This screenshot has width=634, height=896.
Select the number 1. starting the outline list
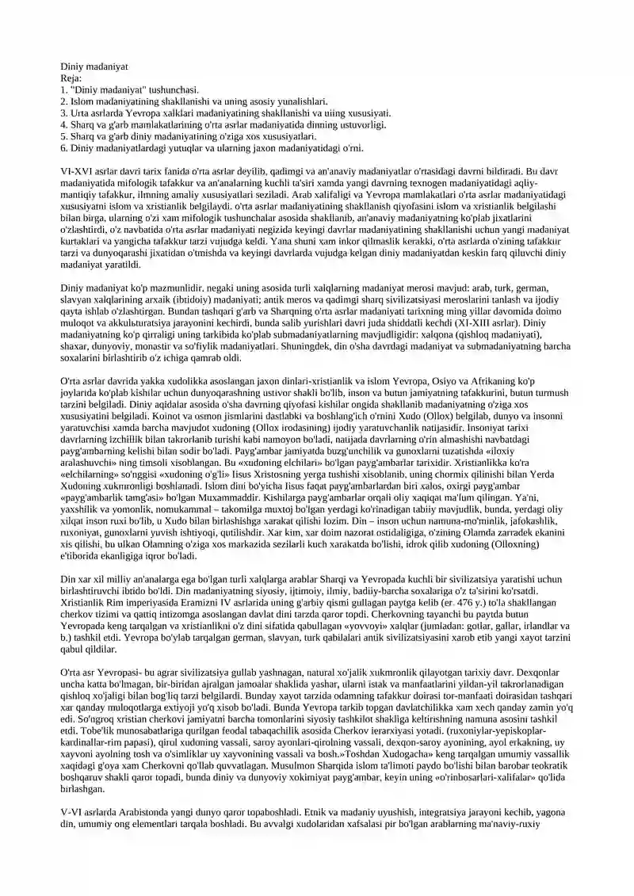click(65, 90)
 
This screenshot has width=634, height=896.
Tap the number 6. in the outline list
click(65, 147)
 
